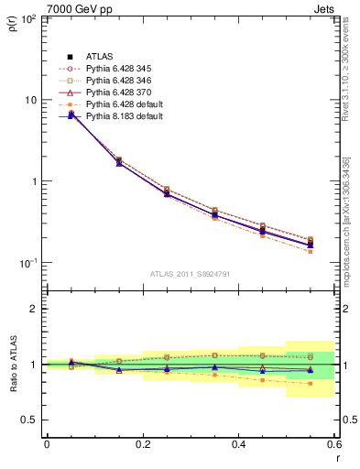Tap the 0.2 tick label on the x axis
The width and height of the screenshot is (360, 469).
143,444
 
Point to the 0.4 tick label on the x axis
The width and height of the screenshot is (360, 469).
239,444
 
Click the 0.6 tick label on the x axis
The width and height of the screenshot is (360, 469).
333,444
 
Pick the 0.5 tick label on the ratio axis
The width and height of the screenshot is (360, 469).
29,420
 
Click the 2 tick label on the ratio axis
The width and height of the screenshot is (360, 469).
34,309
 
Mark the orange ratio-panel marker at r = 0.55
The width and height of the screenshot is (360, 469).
311,383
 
